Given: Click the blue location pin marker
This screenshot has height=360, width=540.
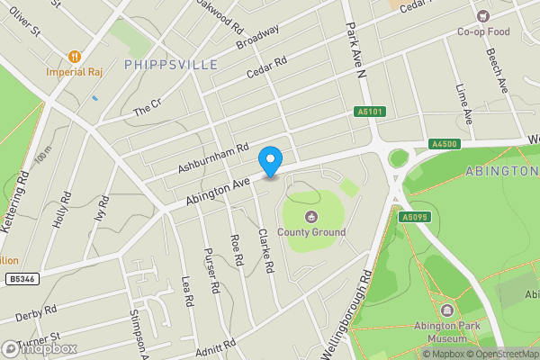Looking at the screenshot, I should click(270, 161).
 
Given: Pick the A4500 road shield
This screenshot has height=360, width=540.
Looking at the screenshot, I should click(445, 144).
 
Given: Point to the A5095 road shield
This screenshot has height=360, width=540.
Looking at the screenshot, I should click(413, 217).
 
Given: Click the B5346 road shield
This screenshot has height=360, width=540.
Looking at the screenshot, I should click(22, 280).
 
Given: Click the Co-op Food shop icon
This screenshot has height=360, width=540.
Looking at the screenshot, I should click(483, 16).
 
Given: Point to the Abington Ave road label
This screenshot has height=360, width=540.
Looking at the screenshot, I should click(217, 184).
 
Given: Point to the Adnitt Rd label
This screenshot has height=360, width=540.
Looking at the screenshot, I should click(218, 345).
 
